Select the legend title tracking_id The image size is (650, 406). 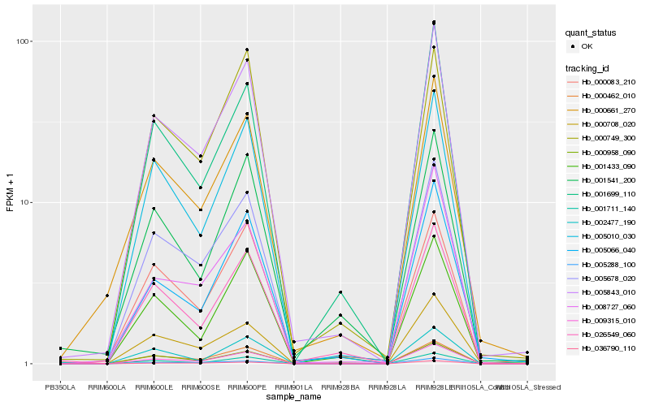click(591, 67)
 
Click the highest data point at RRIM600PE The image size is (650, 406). click(247, 50)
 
